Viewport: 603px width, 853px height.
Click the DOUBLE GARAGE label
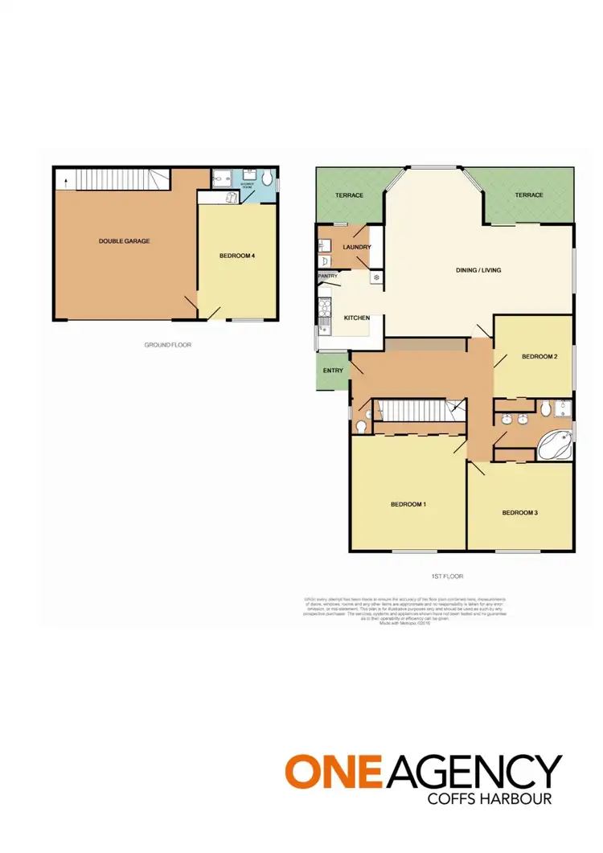124,240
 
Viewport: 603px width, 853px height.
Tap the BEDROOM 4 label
237,256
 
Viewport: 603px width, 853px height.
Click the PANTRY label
327,276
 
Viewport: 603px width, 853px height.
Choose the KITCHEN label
356,318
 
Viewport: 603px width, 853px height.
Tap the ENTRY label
332,371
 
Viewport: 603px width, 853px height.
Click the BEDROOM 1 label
408,504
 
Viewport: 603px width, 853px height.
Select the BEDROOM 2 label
539,356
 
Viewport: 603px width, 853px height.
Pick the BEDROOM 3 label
519,512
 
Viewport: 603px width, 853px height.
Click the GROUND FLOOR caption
167,344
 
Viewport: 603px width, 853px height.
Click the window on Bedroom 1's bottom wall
414,551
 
